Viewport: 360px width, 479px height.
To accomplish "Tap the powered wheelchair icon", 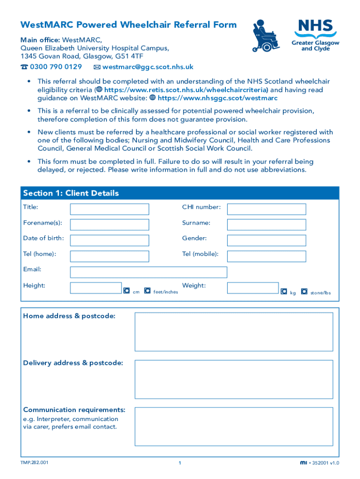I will tap(266, 36).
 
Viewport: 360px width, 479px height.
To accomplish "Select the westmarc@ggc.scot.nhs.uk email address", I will tap(144, 67).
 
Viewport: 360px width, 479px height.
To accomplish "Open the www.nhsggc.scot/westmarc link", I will tap(217, 98).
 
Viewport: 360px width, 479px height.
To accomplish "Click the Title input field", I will tap(109, 209).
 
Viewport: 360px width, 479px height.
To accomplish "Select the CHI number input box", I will tap(266, 209).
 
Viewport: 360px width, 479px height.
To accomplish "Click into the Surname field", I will tap(266, 225).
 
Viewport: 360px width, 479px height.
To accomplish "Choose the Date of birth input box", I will tap(109, 240).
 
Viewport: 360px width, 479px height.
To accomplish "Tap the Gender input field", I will tap(266, 240).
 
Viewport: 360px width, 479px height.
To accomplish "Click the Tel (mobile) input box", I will tap(266, 256).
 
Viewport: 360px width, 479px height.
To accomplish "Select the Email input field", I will tap(148, 272).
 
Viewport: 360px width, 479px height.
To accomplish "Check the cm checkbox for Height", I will tap(126, 291).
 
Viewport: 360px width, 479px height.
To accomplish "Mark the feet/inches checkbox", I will tap(147, 291).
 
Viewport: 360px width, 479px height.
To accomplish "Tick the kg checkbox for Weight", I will tap(283, 291).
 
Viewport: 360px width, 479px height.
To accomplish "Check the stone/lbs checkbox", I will tap(304, 291).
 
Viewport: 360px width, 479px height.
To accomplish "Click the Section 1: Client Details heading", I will tap(71, 193).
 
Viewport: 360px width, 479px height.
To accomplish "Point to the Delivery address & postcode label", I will tap(73, 363).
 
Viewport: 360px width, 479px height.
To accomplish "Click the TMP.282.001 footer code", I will tap(34, 463).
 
